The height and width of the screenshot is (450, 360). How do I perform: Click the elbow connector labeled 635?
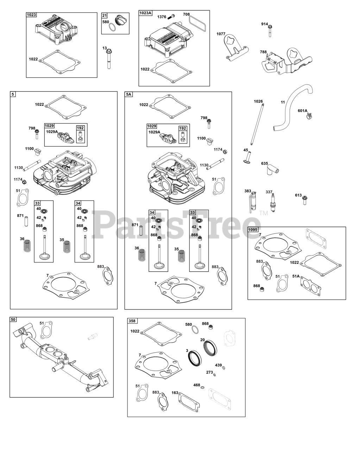273,170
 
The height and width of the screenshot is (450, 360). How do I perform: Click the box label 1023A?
145,13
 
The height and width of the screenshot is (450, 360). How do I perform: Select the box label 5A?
129,95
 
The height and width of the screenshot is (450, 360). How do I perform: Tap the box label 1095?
253,230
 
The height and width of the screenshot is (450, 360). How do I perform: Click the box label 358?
132,321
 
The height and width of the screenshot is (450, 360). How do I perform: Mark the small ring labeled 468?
203,387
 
